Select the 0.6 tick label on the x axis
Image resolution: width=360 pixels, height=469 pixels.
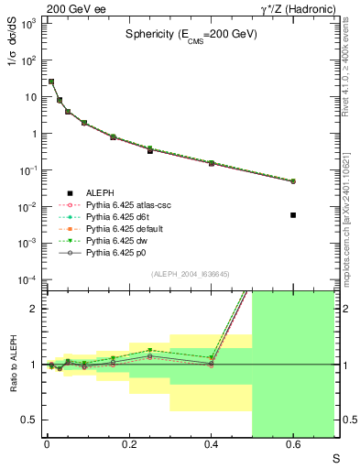point(293,445)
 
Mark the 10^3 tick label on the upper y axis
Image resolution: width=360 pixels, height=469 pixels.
point(27,23)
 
